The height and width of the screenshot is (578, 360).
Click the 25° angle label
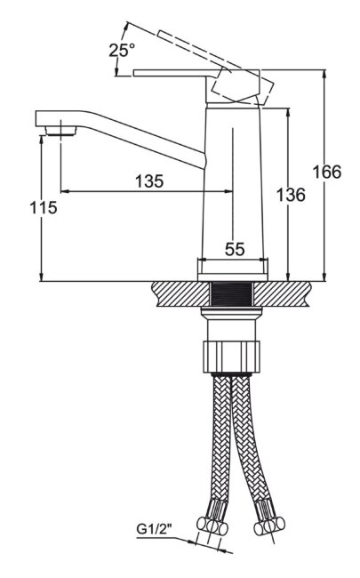(122, 50)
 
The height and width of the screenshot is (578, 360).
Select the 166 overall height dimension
(327, 173)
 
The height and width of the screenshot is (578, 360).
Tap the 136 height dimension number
(291, 195)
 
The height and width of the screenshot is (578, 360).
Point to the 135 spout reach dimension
(149, 181)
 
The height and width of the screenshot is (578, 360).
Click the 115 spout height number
(44, 207)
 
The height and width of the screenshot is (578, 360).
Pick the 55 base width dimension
(235, 250)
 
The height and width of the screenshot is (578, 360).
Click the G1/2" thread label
(155, 529)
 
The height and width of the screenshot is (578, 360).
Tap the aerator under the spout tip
(60, 131)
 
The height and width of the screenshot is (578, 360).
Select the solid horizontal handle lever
(173, 73)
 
